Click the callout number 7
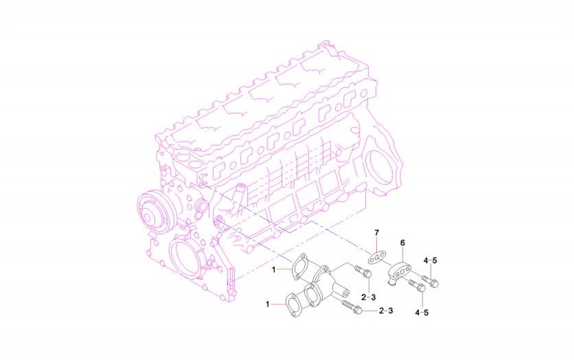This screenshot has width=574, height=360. [x=377, y=232]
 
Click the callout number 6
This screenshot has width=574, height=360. [x=402, y=242]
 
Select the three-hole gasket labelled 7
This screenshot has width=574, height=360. [x=376, y=257]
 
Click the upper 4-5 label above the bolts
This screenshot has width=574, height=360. [x=430, y=261]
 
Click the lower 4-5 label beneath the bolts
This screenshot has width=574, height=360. [x=422, y=312]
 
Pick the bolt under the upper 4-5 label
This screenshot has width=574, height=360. [x=430, y=281]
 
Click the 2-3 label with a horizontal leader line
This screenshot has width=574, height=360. [x=386, y=311]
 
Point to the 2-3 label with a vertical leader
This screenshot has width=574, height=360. [x=368, y=297]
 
